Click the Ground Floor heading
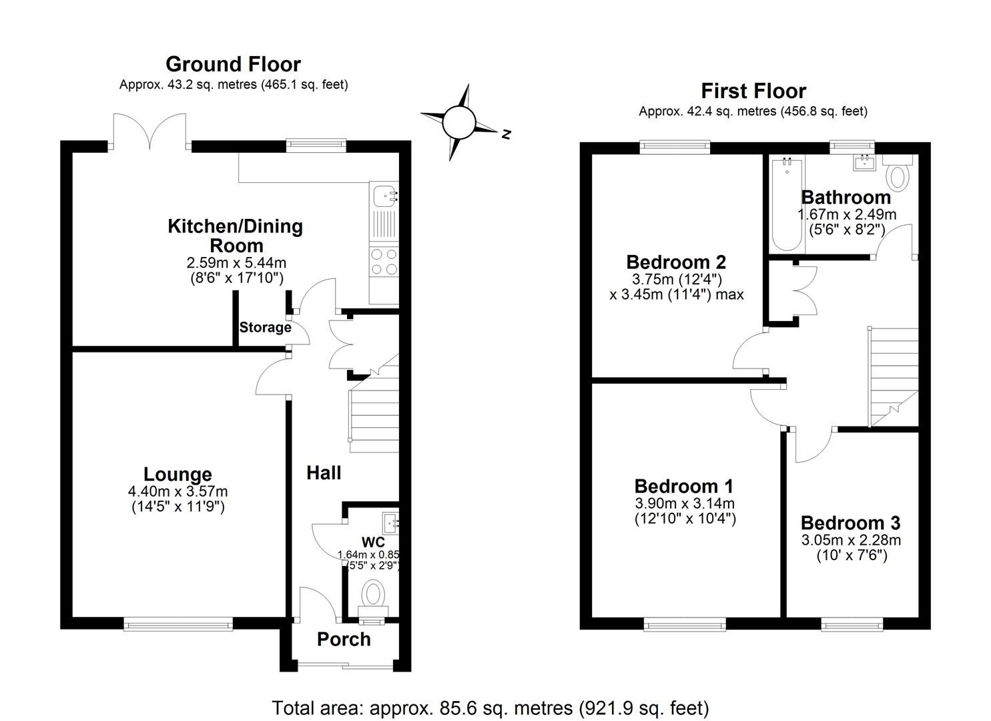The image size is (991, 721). [233, 64]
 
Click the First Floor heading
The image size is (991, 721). [753, 91]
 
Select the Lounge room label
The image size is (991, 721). [178, 475]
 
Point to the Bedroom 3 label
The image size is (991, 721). [850, 523]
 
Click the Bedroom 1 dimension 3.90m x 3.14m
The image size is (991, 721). [685, 503]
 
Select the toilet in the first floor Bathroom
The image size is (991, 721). [898, 174]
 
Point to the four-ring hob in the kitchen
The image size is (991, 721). [384, 261]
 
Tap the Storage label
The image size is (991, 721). [265, 328]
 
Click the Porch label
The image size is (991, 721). [344, 640]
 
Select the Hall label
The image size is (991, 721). [324, 473]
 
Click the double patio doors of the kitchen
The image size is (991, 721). [150, 131]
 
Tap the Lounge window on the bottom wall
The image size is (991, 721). [178, 624]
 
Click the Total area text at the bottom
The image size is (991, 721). [490, 707]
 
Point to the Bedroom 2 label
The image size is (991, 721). [675, 262]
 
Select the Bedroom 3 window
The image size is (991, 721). [852, 624]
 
